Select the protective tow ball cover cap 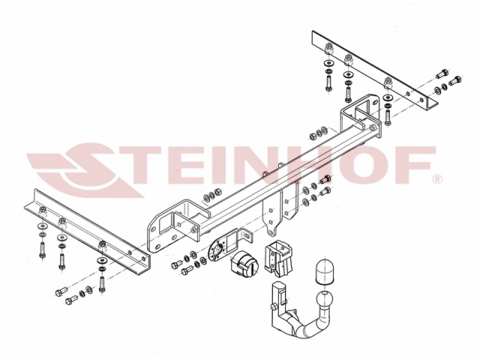tap(324, 271)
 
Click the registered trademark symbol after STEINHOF tap(436, 179)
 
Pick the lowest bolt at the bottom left tap(72, 299)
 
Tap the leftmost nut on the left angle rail tap(43, 210)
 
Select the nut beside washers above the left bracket tap(219, 192)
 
